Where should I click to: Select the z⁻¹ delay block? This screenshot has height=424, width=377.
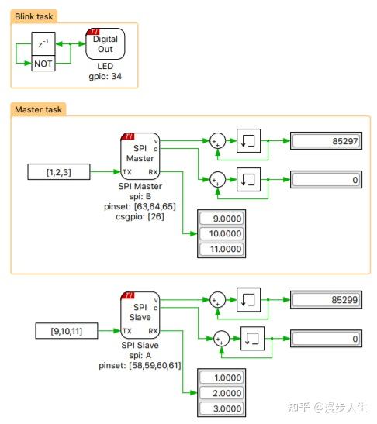pyautogui.click(x=43, y=45)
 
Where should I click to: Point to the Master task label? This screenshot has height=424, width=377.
pyautogui.click(x=38, y=109)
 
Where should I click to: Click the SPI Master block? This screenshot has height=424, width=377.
pyautogui.click(x=140, y=153)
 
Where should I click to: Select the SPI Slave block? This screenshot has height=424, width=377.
pyautogui.click(x=140, y=312)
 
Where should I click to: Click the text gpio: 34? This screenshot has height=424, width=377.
pyautogui.click(x=105, y=76)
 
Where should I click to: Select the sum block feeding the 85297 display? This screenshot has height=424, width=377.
pyautogui.click(x=217, y=140)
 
